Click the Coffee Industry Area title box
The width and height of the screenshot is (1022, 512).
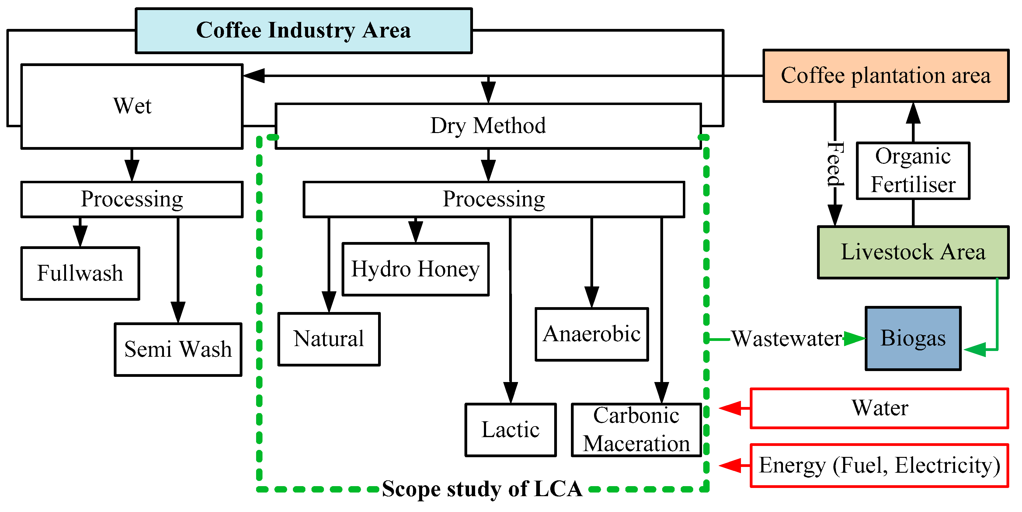(x=304, y=30)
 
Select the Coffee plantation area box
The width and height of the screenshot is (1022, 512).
(x=885, y=76)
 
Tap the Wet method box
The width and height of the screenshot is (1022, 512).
(x=132, y=106)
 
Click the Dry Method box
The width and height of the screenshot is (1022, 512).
(x=488, y=126)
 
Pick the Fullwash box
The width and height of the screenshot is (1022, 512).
(x=80, y=273)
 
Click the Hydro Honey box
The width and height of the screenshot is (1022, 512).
(x=415, y=269)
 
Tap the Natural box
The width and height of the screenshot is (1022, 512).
(x=329, y=339)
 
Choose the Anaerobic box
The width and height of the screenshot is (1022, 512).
(x=592, y=334)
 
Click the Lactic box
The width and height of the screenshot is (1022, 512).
(x=511, y=430)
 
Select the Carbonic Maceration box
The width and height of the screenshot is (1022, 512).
(x=636, y=430)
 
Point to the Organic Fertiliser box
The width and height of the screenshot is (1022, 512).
(x=913, y=171)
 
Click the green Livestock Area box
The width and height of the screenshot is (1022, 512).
(x=913, y=252)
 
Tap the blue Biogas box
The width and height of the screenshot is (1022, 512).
(x=913, y=338)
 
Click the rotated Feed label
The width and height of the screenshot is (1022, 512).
(x=835, y=164)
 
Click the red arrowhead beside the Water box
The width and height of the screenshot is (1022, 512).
(x=730, y=408)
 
